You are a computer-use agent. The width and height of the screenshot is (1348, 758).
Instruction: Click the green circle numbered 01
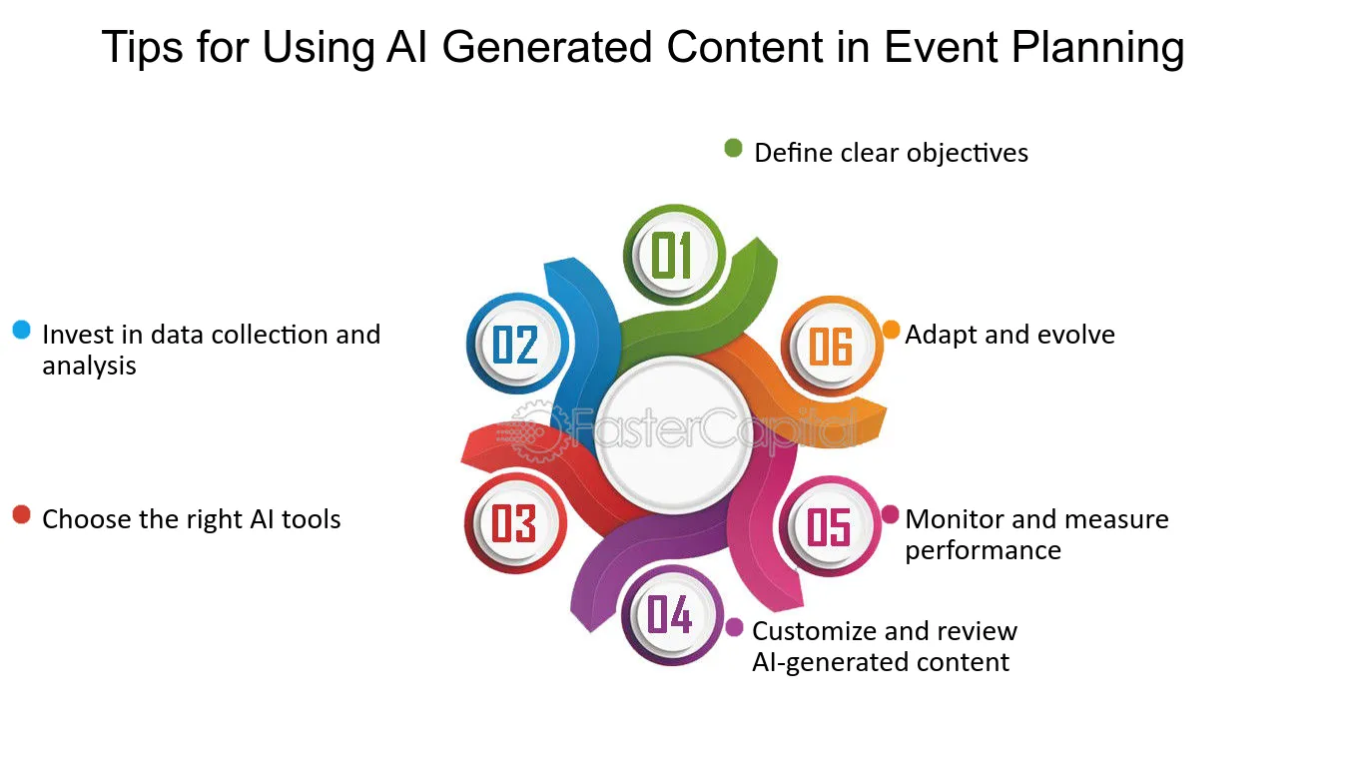point(674,255)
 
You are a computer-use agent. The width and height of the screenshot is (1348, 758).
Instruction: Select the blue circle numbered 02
point(517,344)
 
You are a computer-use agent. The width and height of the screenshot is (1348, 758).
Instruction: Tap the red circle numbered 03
point(515,522)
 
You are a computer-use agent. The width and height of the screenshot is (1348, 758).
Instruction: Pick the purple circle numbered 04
point(672,615)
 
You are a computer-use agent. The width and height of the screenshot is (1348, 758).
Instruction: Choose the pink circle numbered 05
point(830,526)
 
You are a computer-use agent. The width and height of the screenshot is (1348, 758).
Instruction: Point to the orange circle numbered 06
point(832,347)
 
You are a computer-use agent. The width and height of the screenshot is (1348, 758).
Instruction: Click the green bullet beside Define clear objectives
point(733,148)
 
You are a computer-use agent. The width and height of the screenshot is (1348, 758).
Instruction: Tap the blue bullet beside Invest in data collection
point(22,330)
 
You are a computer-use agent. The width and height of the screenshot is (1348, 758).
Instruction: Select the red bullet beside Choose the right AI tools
point(22,514)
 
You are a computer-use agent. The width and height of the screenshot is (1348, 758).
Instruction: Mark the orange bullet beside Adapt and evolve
point(892,330)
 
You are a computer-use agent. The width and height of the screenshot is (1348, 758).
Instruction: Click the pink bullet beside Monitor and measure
point(890,514)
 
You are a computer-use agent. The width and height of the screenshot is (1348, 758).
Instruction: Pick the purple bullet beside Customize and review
point(734,627)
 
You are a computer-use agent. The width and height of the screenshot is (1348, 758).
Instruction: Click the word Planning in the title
point(1097,48)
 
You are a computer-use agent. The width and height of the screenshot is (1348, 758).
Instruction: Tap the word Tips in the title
point(143,48)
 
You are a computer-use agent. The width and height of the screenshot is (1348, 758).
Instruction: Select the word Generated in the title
point(547,47)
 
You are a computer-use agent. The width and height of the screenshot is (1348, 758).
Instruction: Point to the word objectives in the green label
point(968,154)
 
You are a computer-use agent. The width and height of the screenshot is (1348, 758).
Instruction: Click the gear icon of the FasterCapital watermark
point(538,431)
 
